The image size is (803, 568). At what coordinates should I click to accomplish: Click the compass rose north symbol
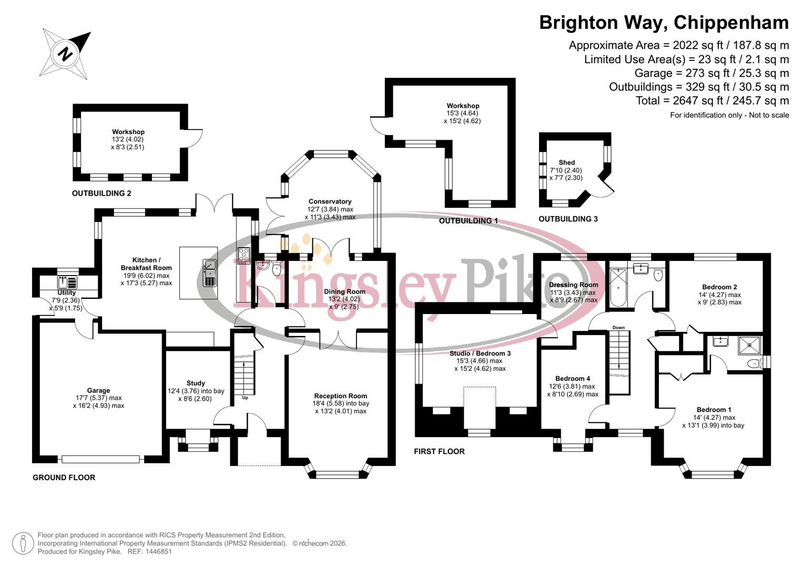65,54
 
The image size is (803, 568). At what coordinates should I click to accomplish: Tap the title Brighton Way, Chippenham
664,23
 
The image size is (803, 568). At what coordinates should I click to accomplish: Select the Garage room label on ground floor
98,391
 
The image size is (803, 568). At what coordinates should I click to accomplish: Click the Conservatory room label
330,201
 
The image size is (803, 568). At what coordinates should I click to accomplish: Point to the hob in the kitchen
244,255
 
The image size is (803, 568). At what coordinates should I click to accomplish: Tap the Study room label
196,383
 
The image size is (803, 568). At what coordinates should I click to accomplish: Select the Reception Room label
340,396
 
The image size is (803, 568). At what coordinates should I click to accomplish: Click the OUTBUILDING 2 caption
101,194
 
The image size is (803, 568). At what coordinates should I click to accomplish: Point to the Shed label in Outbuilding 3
566,163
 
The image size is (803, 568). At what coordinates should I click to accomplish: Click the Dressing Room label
573,285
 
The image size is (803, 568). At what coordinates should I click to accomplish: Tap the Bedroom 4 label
572,379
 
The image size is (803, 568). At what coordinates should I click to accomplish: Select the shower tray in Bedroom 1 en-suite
749,345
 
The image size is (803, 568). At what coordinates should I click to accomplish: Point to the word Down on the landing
618,328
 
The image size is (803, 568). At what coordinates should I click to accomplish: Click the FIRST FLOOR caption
439,451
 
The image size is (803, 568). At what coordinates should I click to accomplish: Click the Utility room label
67,293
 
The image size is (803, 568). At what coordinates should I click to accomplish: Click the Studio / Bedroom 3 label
480,353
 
